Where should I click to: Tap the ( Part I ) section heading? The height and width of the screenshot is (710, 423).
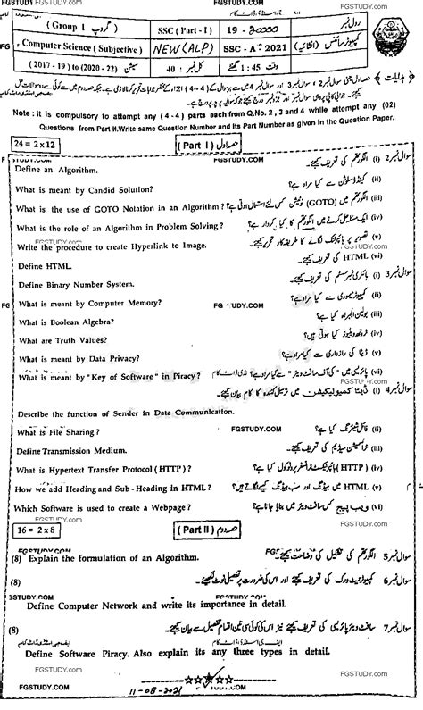point(197,144)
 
